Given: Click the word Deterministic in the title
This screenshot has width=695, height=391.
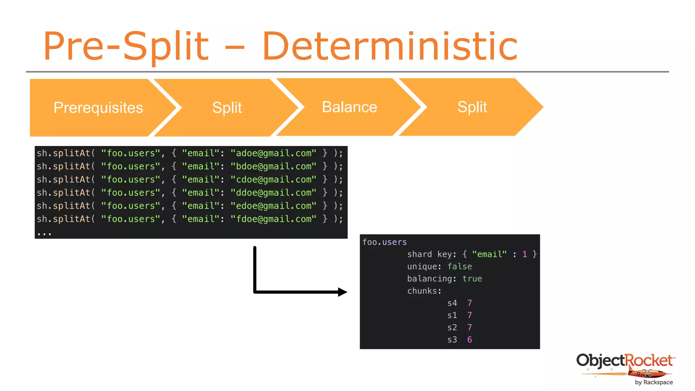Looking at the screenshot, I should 390,46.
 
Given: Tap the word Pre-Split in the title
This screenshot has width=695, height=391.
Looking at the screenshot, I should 126,46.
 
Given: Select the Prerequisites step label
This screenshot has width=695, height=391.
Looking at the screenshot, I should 98,108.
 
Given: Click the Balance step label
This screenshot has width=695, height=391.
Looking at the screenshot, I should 349,107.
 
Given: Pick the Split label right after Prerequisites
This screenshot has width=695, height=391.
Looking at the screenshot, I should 227,108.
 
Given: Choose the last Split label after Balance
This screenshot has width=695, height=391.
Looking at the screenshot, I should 472,107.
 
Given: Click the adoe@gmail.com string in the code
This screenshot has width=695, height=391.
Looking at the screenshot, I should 273,153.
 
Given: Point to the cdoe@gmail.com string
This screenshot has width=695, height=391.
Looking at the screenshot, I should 273,180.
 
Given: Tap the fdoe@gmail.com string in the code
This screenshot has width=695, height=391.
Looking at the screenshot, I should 273,219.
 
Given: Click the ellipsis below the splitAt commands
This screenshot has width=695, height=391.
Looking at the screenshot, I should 44,234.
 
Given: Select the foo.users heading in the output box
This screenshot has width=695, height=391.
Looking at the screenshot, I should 384,242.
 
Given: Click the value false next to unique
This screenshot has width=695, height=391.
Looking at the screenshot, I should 459,266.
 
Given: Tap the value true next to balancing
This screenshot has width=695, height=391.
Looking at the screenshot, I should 472,279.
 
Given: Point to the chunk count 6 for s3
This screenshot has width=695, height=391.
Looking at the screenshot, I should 469,339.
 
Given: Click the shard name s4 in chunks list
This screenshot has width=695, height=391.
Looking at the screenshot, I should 452,303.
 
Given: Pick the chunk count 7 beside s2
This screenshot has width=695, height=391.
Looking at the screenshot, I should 469,328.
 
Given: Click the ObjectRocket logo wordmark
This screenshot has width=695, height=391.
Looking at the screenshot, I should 625,360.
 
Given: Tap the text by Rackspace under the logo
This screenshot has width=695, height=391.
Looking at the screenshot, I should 654,382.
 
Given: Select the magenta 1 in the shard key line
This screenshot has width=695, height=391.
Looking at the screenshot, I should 525,254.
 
